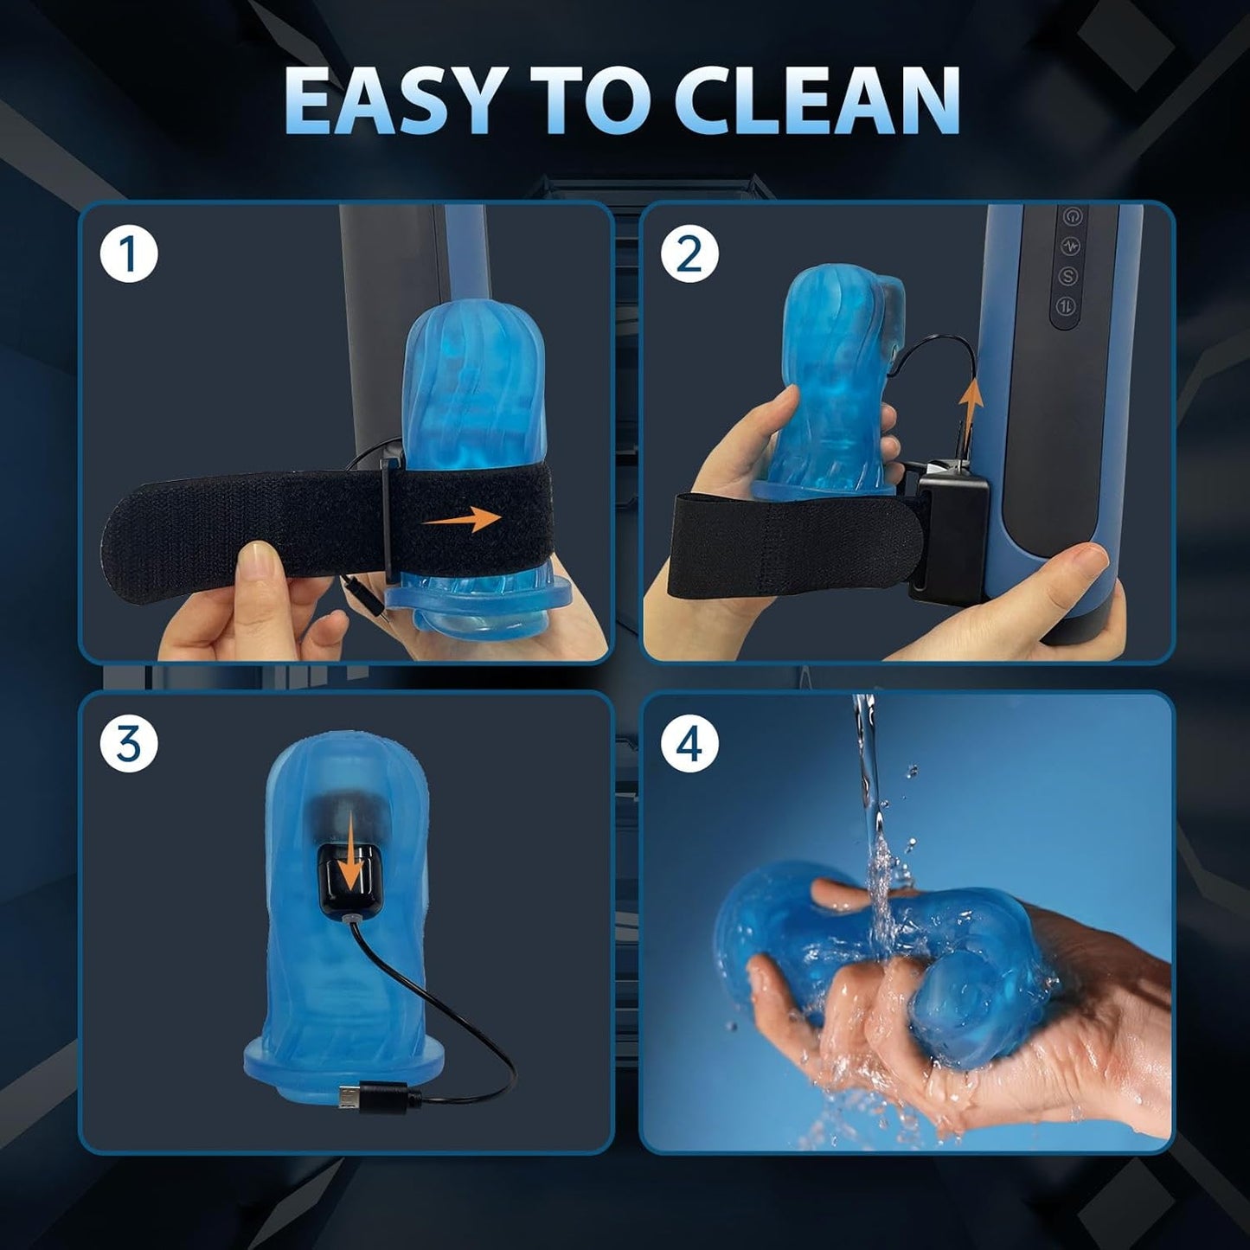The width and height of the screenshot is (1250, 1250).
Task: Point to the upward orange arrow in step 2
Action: tap(972, 402)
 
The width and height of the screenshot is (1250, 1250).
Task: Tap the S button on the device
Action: tap(1069, 275)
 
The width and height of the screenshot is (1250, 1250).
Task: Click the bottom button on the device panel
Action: tap(1068, 306)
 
